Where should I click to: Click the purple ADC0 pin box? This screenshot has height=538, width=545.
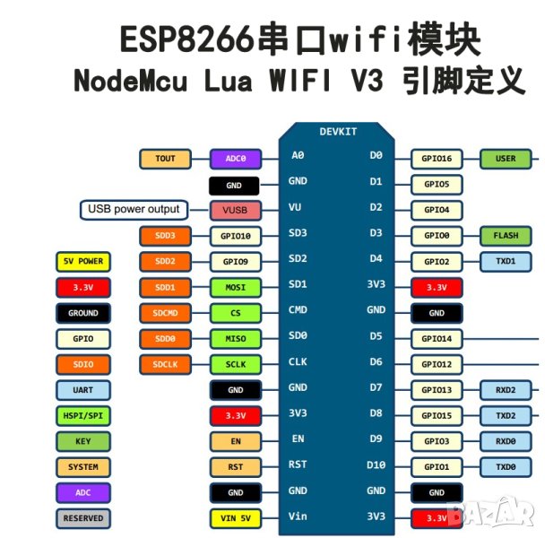[235, 159]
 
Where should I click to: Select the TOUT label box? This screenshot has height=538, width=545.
[166, 159]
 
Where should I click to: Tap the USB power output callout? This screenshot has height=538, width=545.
[134, 210]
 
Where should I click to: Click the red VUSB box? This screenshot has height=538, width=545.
[235, 211]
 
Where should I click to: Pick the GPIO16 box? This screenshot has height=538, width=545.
[437, 159]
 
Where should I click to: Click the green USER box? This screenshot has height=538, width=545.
[506, 159]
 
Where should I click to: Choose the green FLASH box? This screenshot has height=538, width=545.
[506, 236]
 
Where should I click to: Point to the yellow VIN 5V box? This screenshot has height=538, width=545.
[235, 518]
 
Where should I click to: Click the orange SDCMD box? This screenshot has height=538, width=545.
[166, 314]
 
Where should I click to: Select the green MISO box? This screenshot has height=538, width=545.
[235, 339]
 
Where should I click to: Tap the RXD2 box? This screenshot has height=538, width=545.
[506, 390]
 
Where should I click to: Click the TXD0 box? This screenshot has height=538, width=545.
[506, 467]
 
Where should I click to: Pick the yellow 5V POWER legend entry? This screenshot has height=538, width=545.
[82, 262]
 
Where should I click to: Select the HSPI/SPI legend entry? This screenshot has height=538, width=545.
[82, 416]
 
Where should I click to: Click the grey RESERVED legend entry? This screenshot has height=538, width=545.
[82, 518]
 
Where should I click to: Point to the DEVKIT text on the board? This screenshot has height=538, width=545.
[338, 132]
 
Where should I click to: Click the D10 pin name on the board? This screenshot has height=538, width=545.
[376, 464]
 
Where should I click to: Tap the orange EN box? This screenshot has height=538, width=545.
[235, 441]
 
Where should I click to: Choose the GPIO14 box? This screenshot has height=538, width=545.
[437, 339]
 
